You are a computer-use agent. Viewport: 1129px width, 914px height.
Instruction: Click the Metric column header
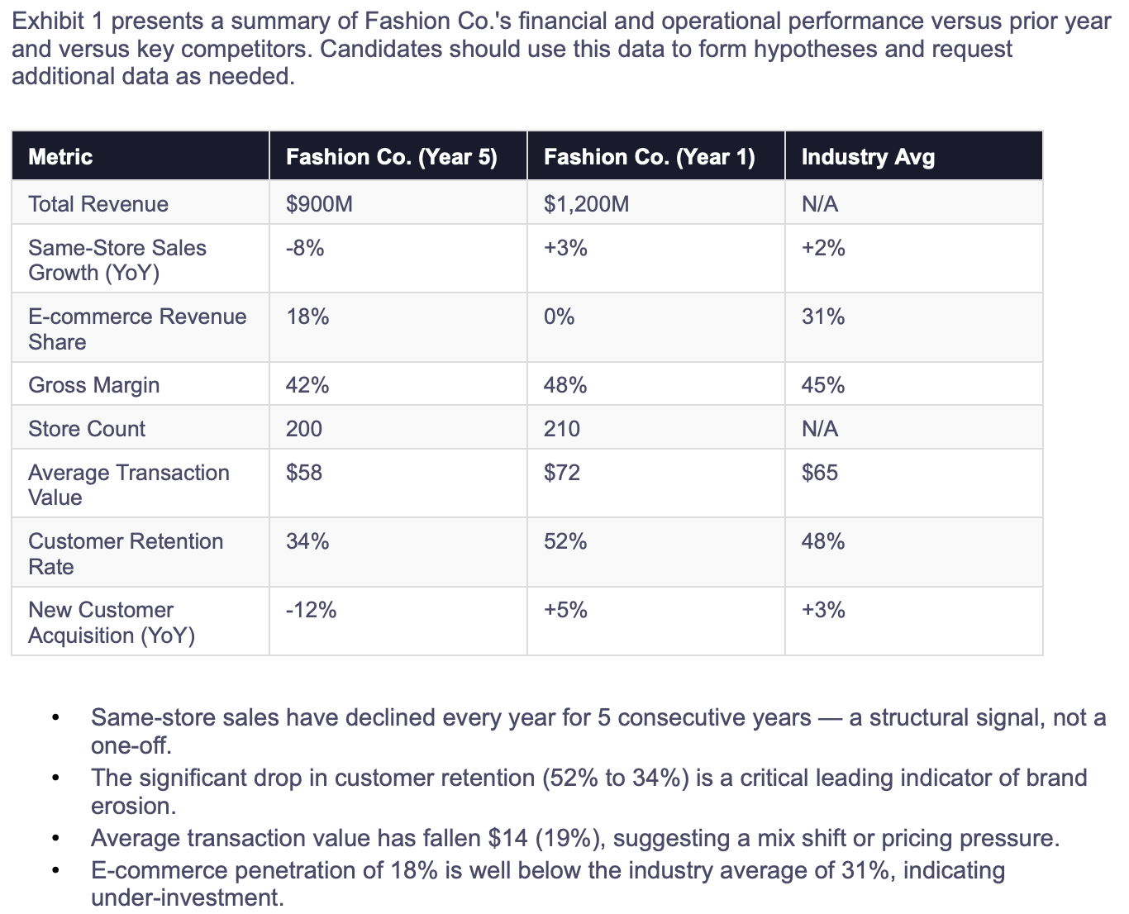[x=60, y=157]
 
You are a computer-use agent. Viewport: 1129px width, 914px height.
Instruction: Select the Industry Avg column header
[x=868, y=157]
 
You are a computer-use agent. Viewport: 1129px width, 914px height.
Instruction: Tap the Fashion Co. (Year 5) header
[x=392, y=157]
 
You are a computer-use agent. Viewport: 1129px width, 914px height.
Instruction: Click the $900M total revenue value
[x=319, y=204]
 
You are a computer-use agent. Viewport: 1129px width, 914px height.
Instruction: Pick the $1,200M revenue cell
[x=586, y=204]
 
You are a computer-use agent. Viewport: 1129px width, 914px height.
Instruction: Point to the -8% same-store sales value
[x=305, y=247]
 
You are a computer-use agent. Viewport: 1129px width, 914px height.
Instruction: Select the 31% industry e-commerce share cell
[x=823, y=317]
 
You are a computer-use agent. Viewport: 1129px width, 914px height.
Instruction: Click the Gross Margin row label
[x=94, y=385]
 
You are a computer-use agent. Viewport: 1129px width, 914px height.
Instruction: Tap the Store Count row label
[x=87, y=429]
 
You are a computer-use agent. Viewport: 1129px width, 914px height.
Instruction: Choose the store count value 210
[x=562, y=429]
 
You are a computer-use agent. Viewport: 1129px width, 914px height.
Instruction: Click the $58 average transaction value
[x=303, y=472]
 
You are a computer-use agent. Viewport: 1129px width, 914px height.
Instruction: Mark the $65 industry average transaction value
[x=819, y=472]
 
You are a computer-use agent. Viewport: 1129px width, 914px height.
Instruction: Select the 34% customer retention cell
[x=307, y=541]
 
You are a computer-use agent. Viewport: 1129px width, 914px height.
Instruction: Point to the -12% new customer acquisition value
[x=311, y=610]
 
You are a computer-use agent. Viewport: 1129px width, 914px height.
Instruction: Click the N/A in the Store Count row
[x=820, y=429]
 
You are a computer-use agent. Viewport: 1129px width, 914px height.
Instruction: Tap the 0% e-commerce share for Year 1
[x=560, y=317]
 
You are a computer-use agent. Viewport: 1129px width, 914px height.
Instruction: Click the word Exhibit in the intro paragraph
[x=48, y=21]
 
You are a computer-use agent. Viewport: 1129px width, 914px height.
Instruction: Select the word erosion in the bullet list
[x=133, y=806]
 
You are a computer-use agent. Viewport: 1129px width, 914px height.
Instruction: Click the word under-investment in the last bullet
[x=187, y=897]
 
